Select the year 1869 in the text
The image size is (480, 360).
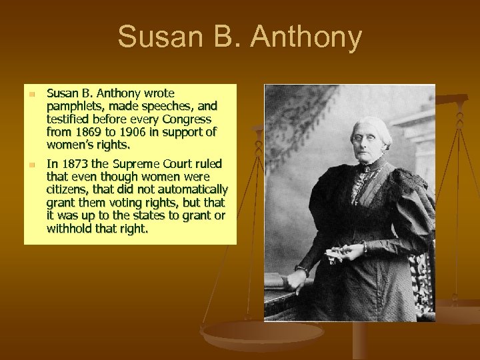pyautogui.click(x=86, y=131)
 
